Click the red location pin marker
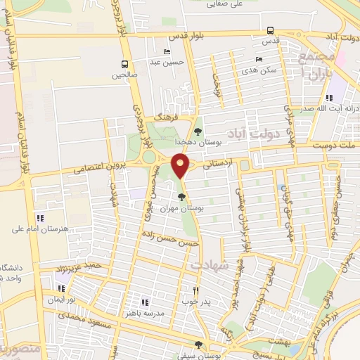(182, 167)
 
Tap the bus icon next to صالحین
(124, 63)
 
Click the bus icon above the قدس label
(271, 30)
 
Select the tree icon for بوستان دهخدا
(198, 131)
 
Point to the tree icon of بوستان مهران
(182, 197)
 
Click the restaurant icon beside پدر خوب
(197, 290)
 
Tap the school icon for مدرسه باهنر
(146, 302)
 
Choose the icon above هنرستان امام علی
(39, 218)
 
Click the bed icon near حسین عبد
(167, 51)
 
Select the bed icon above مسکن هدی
(259, 59)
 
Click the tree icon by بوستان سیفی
(198, 345)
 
